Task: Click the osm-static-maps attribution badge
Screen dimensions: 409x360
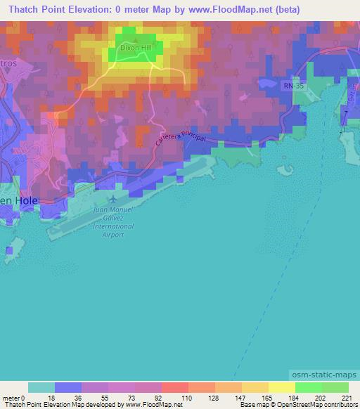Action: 326,376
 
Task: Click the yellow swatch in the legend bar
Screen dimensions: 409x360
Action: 281,387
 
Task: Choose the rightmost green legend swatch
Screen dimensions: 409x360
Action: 335,387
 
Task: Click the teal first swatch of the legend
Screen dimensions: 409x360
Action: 41,387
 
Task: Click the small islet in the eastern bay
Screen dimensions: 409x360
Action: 285,169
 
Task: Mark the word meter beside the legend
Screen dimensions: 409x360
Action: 11,398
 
